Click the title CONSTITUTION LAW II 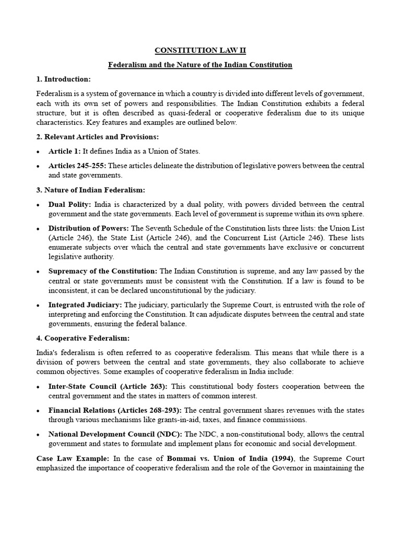[200, 51]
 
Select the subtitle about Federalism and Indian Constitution [200, 65]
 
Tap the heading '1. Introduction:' [64, 79]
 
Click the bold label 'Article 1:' [65, 151]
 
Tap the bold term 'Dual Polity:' [70, 204]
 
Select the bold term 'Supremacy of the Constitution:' [103, 271]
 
